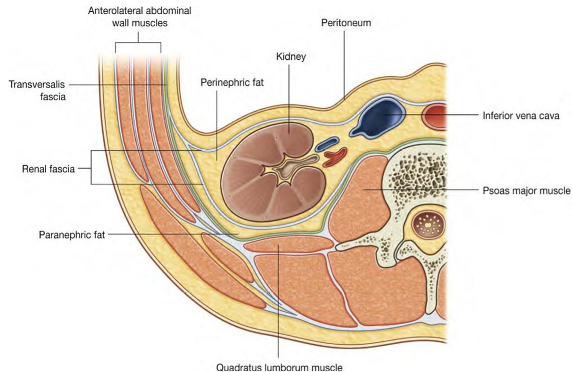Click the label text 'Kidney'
click(291, 57)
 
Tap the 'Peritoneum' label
click(346, 23)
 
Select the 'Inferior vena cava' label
click(521, 116)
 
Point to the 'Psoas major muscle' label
click(526, 191)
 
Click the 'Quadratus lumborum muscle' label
click(279, 368)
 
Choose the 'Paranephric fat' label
click(72, 235)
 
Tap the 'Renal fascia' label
click(49, 169)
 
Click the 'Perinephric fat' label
click(232, 82)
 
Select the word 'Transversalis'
click(37, 84)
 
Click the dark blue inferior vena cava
click(377, 118)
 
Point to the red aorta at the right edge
click(434, 116)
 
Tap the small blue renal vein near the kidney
click(327, 144)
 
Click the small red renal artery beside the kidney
click(335, 157)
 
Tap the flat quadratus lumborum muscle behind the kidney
click(289, 244)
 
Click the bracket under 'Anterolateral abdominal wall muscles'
click(138, 42)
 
